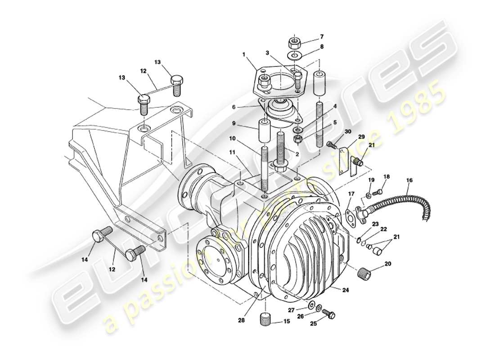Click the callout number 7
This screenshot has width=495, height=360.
point(322,36)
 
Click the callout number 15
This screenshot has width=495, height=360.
point(286,322)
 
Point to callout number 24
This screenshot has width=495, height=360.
point(345,291)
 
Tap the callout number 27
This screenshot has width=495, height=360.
point(292,310)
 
